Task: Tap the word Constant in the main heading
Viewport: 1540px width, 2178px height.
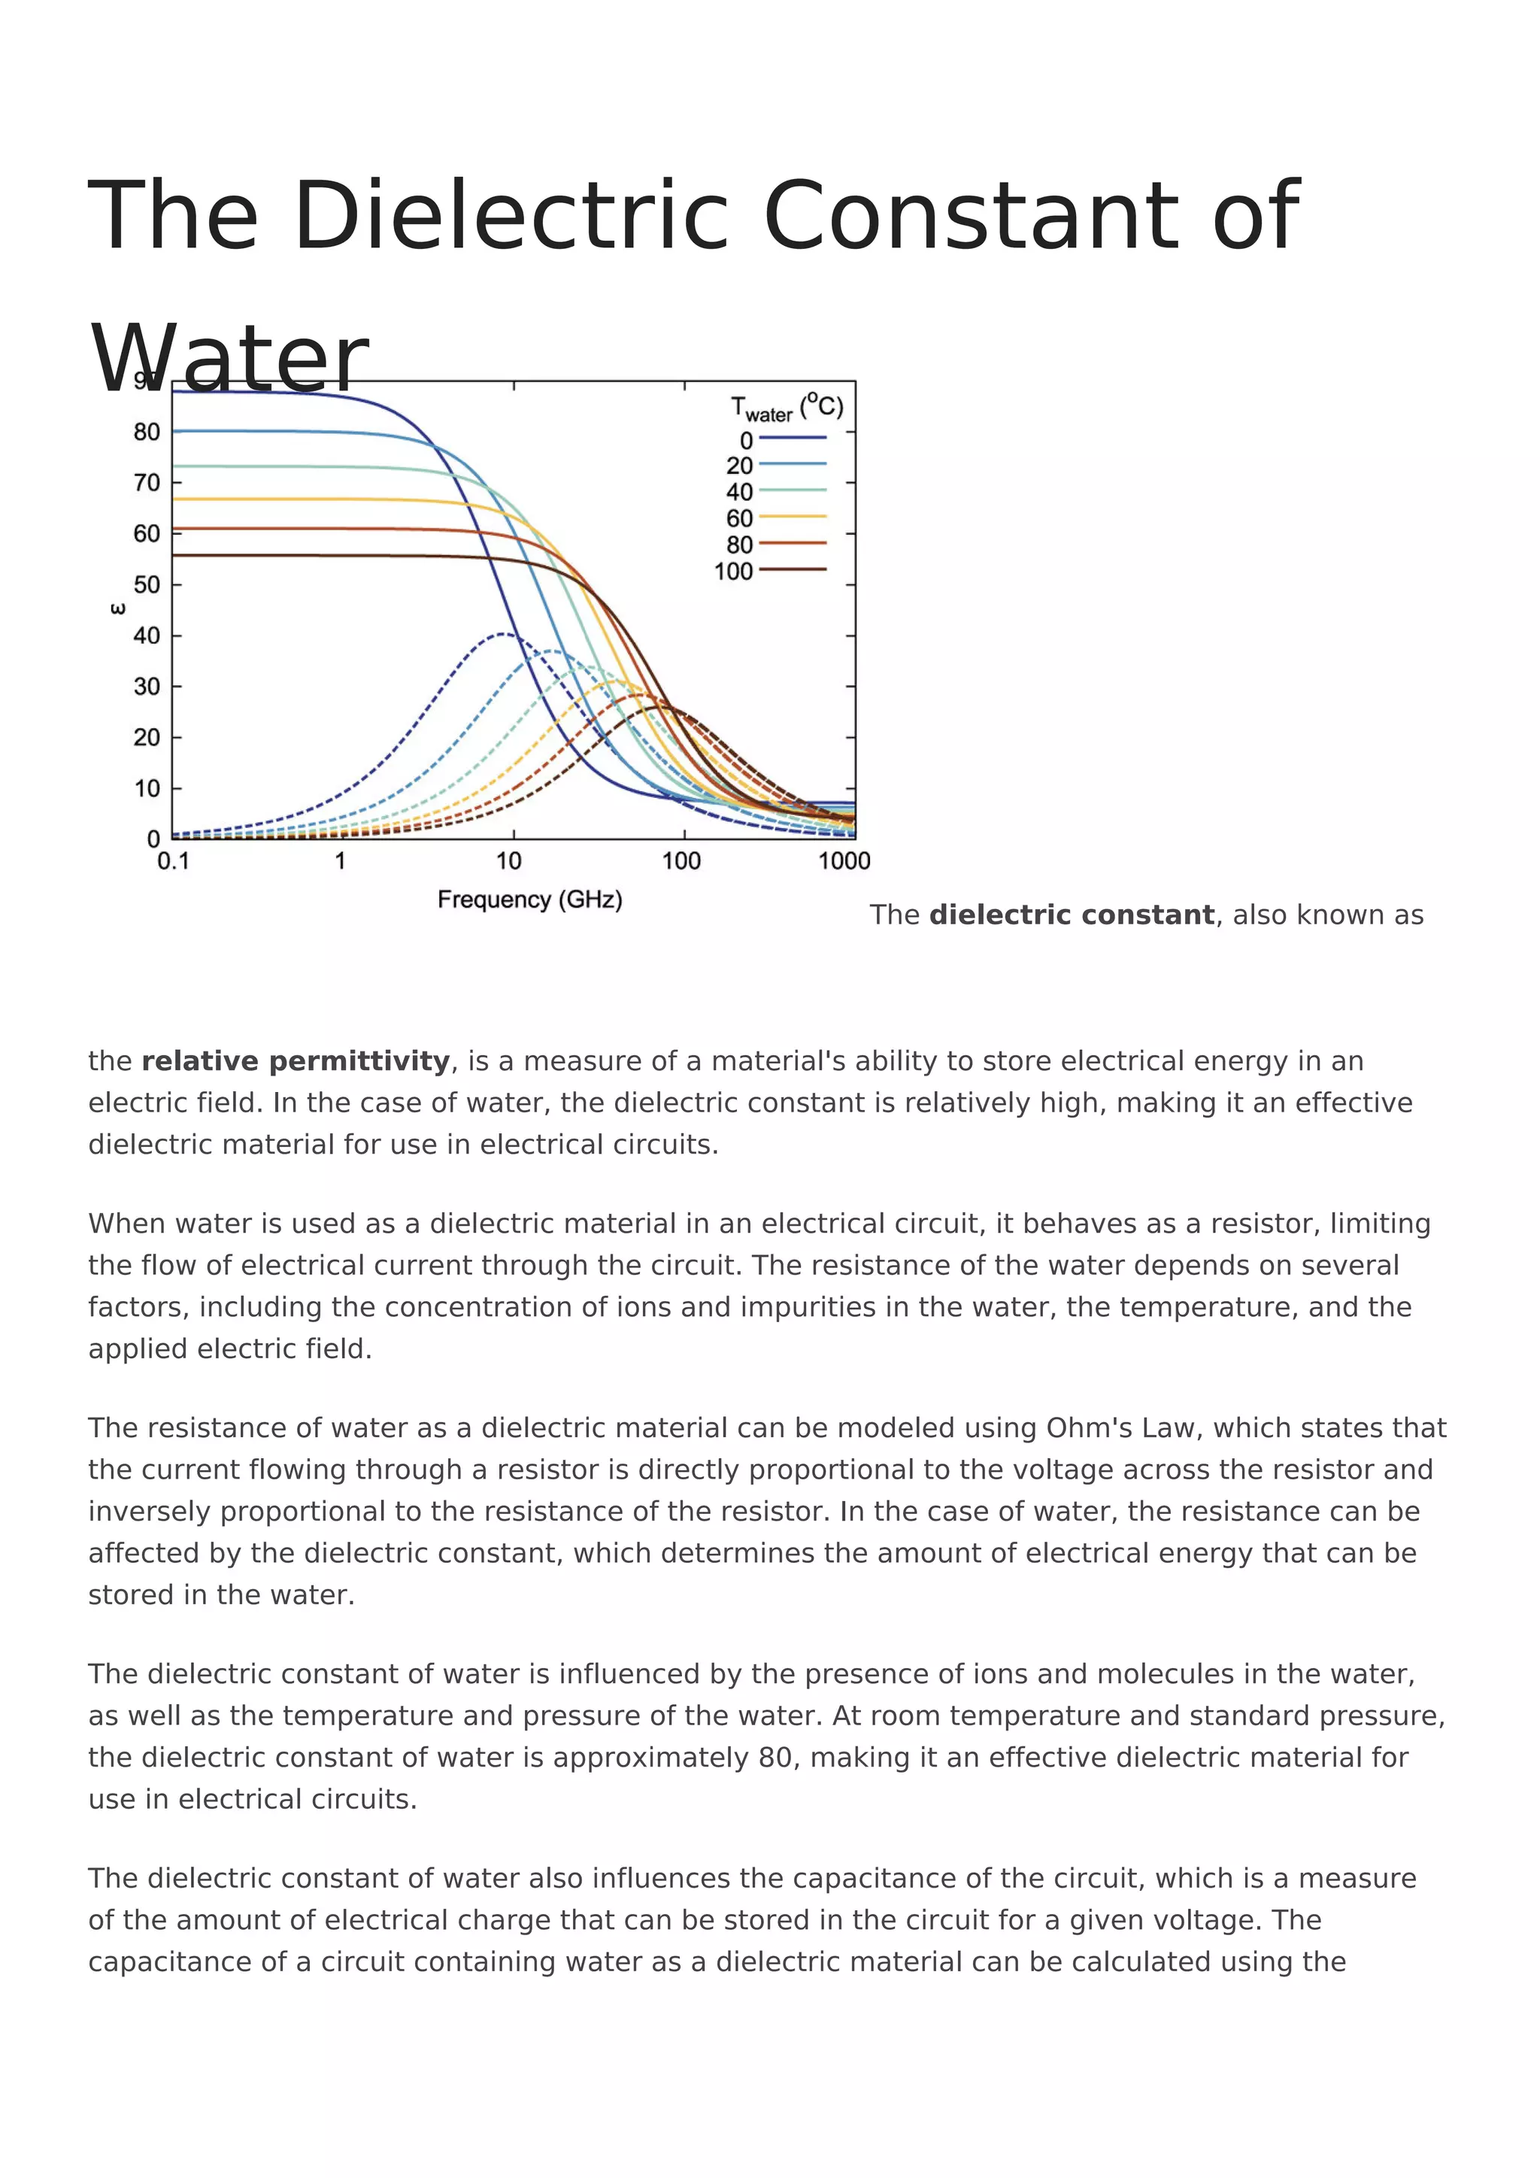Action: coord(969,217)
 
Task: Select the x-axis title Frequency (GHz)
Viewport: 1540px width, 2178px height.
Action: coord(529,899)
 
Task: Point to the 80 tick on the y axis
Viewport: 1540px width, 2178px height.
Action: coord(147,432)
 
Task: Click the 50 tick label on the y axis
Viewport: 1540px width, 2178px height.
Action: coord(147,585)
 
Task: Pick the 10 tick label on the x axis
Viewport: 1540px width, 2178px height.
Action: coord(509,861)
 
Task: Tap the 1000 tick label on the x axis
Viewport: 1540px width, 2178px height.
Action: coord(843,861)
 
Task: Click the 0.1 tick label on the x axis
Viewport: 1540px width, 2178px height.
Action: coord(173,861)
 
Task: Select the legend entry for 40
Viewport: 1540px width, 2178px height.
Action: coord(740,491)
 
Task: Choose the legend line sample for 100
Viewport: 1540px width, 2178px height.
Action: coord(793,570)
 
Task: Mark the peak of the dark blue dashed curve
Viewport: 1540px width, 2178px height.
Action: coord(504,634)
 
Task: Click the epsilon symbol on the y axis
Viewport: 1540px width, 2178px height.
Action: coord(117,609)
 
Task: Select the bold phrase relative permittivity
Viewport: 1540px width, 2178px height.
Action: coord(295,1060)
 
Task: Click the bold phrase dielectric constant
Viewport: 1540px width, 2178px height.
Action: coord(1071,915)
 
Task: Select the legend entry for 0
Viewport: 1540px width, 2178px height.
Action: coord(746,440)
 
